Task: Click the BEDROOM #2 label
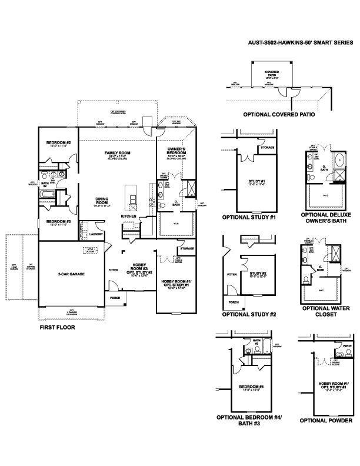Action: tap(59, 143)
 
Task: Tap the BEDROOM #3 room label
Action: tap(59, 222)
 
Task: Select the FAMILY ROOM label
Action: tap(117, 153)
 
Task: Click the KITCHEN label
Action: tap(129, 217)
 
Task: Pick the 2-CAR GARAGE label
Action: tap(69, 274)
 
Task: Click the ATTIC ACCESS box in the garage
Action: tap(90, 251)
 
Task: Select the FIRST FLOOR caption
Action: tap(56, 327)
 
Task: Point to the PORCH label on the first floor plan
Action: tap(115, 298)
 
